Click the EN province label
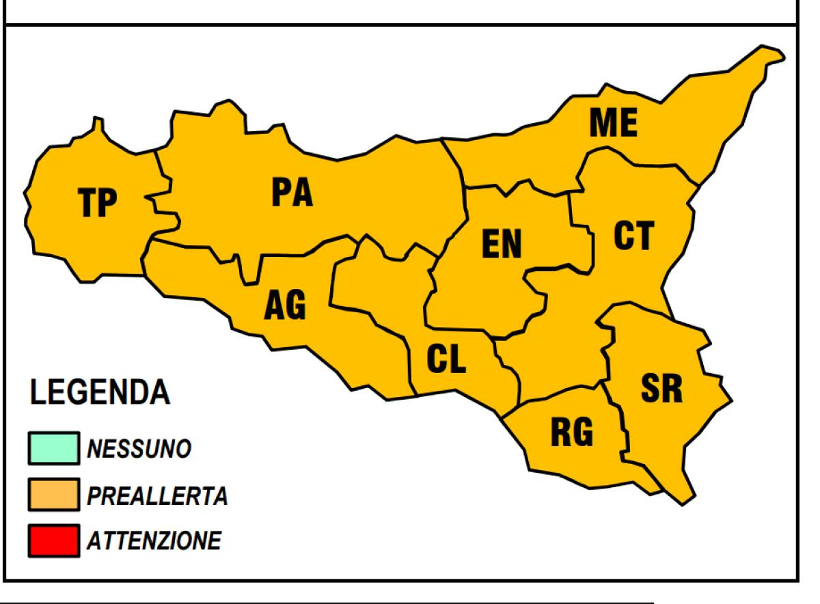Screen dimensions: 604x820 point(501,244)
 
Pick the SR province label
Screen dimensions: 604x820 point(661,387)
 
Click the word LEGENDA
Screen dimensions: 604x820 point(98,393)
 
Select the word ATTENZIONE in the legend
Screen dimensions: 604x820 point(153,542)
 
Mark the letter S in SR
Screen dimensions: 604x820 point(650,387)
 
